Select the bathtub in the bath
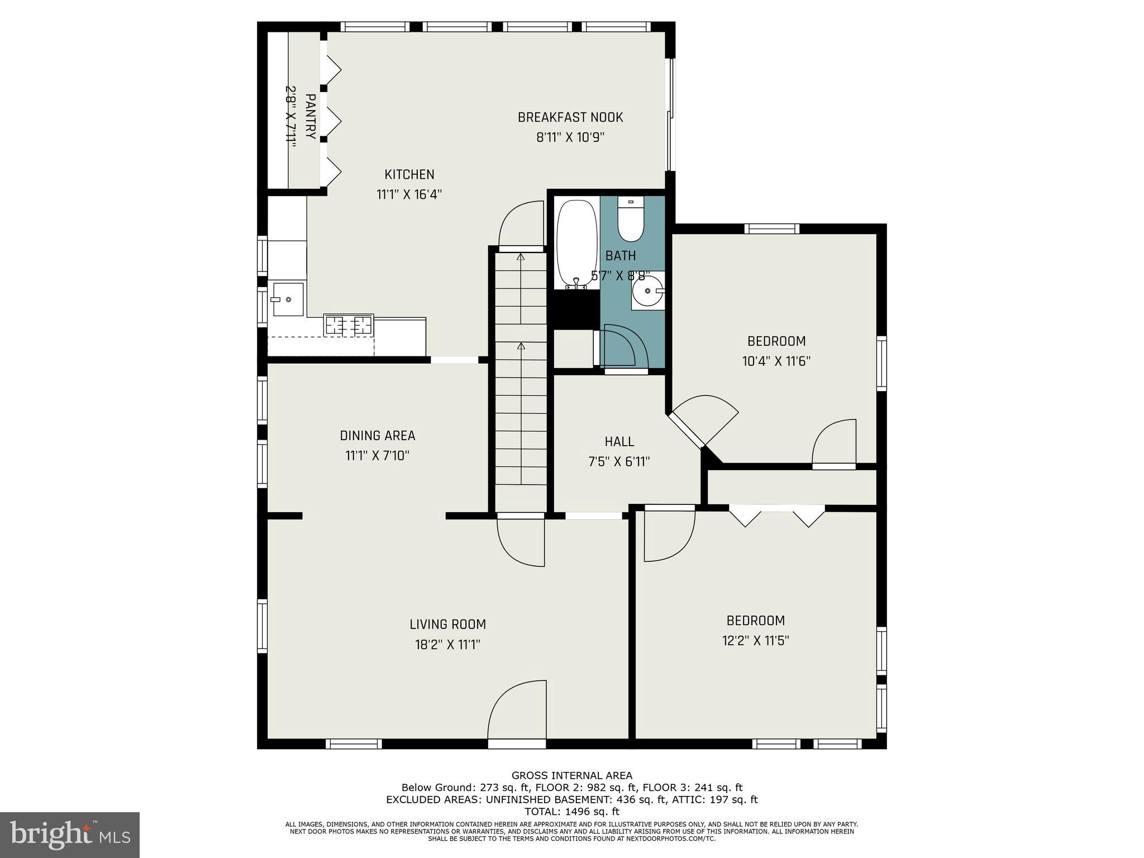point(577,244)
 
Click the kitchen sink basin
point(288,299)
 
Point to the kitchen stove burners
point(349,325)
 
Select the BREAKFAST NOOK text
point(570,117)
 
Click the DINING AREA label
point(378,435)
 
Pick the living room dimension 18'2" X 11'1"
point(447,645)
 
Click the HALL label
point(619,442)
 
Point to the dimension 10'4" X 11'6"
point(776,361)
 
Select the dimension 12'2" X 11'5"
point(755,640)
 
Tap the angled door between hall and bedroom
point(704,419)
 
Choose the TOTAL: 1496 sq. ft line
point(571,812)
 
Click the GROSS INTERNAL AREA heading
point(571,775)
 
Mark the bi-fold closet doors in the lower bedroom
point(776,515)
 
